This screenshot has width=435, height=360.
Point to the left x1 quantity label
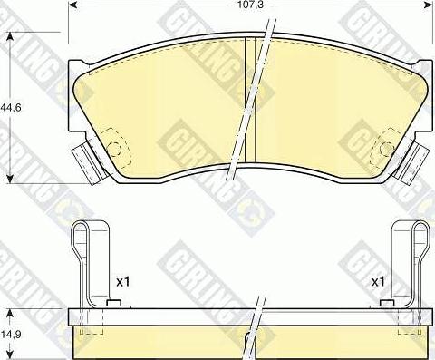tap(124, 283)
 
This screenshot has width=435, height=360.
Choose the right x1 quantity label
tap(379, 283)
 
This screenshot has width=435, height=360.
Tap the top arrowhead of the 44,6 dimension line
tap(11, 39)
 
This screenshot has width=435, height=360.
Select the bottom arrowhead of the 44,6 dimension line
tap(11, 179)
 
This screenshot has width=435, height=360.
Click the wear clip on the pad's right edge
tap(416, 161)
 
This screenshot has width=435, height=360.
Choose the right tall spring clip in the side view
tap(406, 263)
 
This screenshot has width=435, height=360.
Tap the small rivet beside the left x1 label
tap(113, 304)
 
